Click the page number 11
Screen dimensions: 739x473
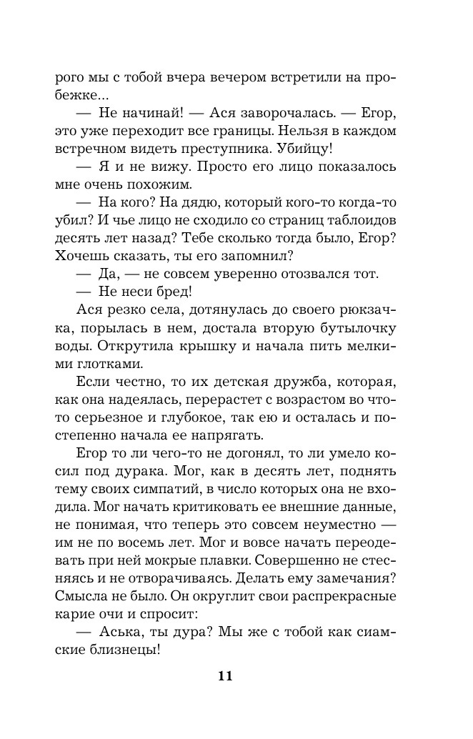click(x=226, y=677)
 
